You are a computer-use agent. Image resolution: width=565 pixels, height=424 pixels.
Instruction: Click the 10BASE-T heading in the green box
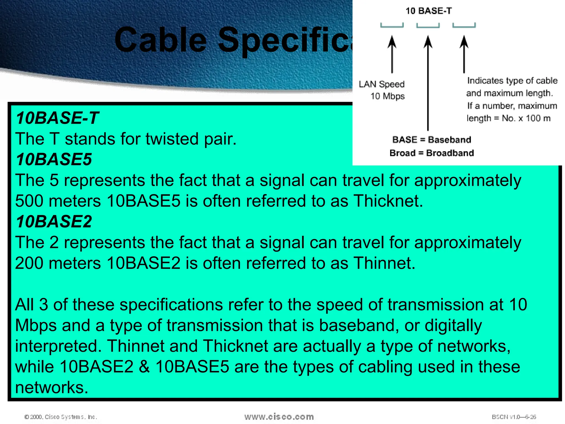(57, 118)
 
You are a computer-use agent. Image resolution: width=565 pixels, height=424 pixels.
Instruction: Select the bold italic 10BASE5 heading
(54, 160)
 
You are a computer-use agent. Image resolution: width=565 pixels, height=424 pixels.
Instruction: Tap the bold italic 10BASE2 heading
(54, 222)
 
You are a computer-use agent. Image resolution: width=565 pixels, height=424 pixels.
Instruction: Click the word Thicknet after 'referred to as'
(388, 201)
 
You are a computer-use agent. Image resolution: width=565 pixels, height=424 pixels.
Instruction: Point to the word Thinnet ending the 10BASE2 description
(384, 263)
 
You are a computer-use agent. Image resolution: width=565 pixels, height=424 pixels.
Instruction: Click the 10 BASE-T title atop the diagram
(428, 11)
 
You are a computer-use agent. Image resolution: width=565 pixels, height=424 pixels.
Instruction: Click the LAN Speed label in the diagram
(382, 84)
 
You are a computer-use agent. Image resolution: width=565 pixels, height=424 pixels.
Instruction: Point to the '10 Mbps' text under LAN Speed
(387, 96)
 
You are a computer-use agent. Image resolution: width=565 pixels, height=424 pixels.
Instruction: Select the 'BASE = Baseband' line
(431, 140)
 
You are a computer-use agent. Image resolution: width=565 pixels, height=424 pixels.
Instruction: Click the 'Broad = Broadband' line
(431, 153)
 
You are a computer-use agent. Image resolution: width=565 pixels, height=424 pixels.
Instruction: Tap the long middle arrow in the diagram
(428, 83)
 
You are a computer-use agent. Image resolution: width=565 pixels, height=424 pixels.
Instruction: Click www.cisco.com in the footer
(279, 417)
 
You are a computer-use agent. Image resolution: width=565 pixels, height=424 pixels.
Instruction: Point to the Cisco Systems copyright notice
(61, 417)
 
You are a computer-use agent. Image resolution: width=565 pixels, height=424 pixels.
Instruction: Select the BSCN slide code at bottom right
(514, 417)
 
